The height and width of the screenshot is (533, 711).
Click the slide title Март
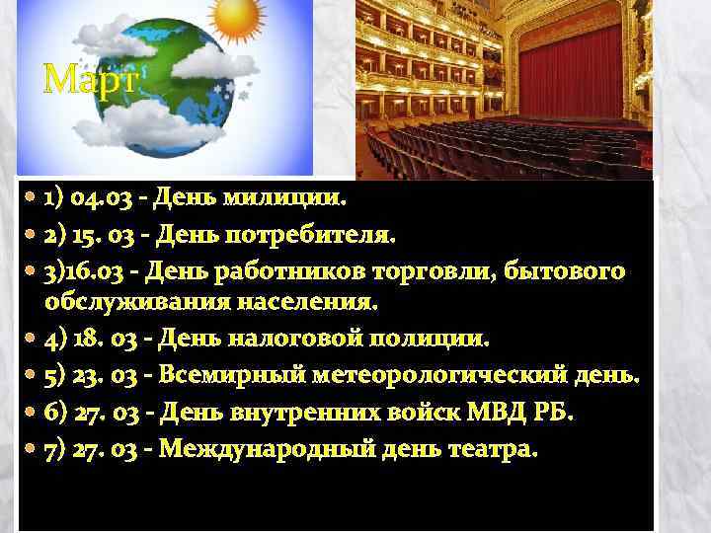89,78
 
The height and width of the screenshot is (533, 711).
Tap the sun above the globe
238,15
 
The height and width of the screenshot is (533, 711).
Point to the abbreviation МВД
484,412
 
